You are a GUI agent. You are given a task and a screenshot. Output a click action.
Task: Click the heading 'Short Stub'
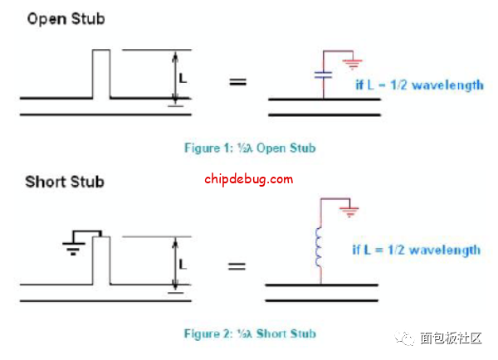tap(65, 182)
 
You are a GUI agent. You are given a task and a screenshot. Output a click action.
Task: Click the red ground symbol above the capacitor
tap(352, 62)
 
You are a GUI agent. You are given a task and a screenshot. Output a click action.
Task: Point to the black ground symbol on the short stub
tap(75, 246)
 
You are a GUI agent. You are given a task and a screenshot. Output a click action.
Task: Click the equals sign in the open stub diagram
tap(238, 82)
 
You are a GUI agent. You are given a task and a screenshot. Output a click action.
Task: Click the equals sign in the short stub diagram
tap(238, 266)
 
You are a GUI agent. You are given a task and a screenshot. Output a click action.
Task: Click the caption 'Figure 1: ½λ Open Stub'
tap(249, 148)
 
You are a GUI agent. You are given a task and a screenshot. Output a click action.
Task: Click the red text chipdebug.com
tap(248, 178)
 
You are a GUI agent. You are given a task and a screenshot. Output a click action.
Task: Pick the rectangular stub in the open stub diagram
tap(100, 75)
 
